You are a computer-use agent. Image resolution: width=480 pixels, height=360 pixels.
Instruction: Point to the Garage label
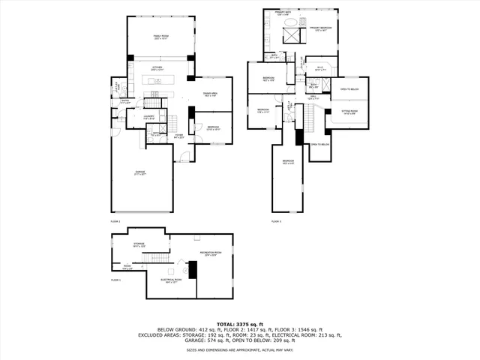[140, 172]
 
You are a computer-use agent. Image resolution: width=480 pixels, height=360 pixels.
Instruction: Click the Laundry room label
[149, 117]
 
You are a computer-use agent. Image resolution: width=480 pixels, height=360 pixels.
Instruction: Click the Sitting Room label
[349, 112]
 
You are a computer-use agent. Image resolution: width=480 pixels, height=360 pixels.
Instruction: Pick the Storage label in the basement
[139, 244]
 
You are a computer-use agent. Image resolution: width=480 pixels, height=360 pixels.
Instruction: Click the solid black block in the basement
[192, 268]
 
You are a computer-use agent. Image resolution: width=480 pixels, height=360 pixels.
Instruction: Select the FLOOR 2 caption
[115, 222]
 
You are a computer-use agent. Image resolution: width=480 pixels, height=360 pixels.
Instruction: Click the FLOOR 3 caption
[276, 222]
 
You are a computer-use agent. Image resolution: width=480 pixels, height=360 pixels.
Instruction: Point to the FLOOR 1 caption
[115, 280]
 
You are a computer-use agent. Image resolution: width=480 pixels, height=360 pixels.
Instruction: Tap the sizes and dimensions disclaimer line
[239, 349]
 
